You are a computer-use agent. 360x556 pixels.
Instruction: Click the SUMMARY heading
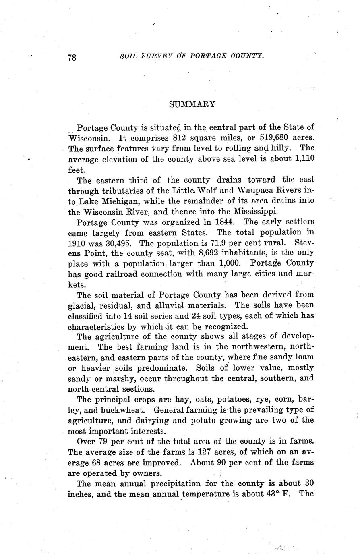tap(192, 104)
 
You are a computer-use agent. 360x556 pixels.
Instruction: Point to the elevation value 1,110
tap(304, 159)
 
